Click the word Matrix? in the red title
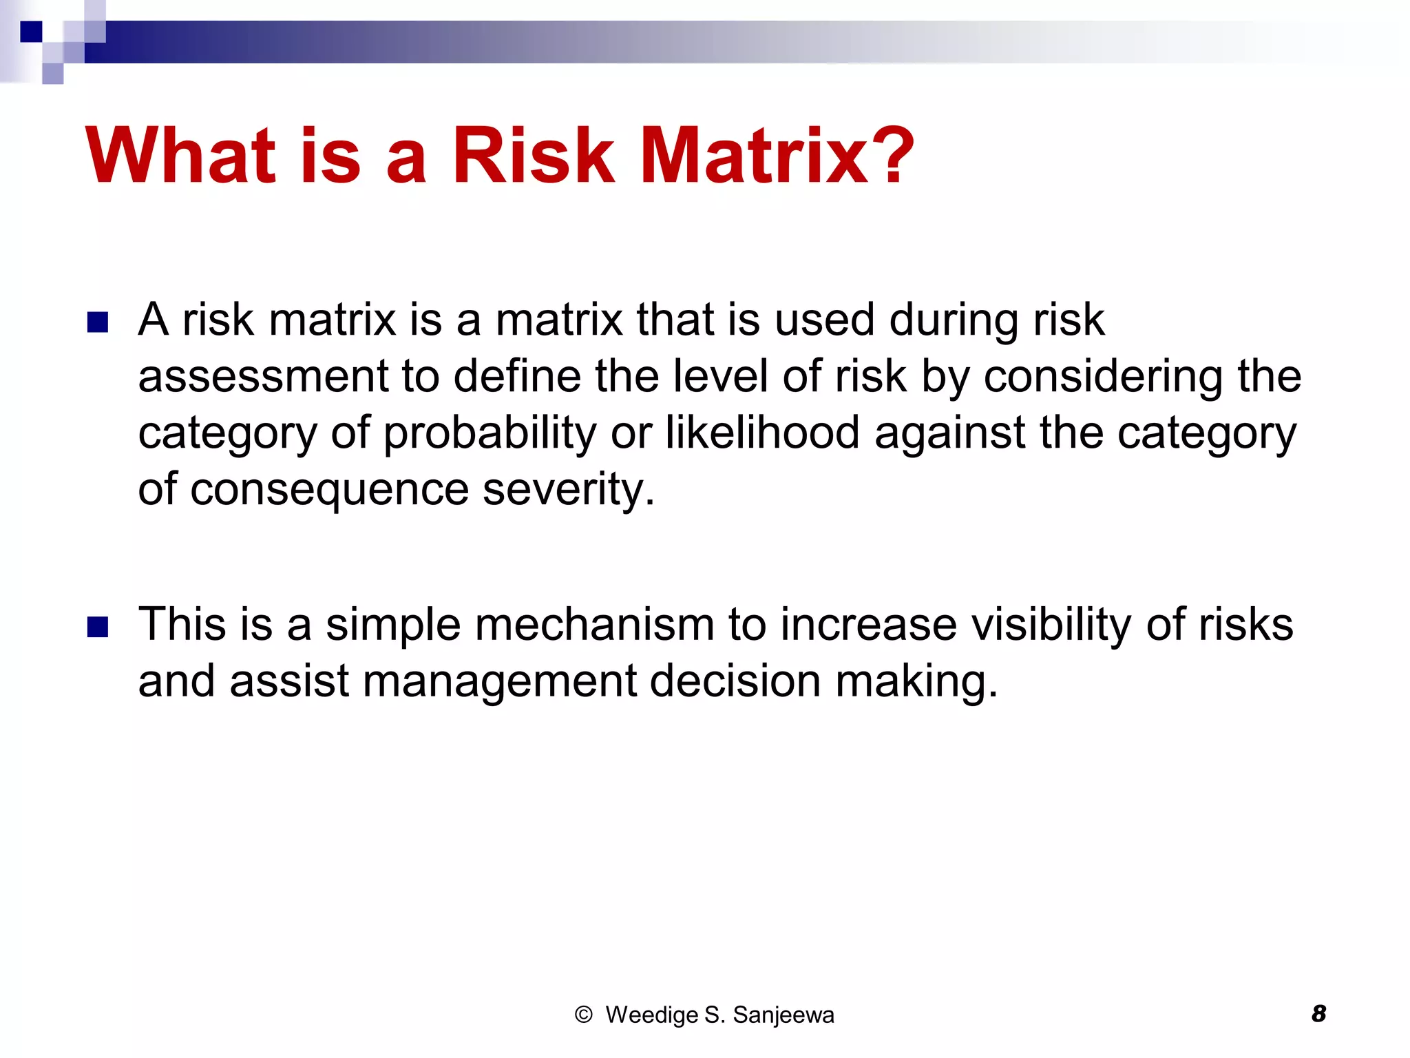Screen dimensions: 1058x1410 coord(777,156)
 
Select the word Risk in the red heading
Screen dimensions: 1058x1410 coord(532,156)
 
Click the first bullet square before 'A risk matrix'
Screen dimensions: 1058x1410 coord(98,322)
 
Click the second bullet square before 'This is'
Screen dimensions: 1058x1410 coord(98,627)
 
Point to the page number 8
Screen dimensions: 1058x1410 coord(1318,1014)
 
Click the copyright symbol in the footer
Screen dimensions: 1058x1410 coord(583,1015)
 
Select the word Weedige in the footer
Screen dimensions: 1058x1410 coord(651,1015)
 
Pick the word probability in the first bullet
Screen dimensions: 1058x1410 coord(490,433)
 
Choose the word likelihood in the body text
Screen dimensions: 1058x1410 coord(762,433)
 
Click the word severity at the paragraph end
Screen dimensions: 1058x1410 coord(568,490)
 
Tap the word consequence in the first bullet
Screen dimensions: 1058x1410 coord(330,490)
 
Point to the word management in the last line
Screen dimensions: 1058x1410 coord(500,681)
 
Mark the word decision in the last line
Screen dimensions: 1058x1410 coord(735,681)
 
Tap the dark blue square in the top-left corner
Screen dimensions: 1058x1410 coord(31,32)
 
